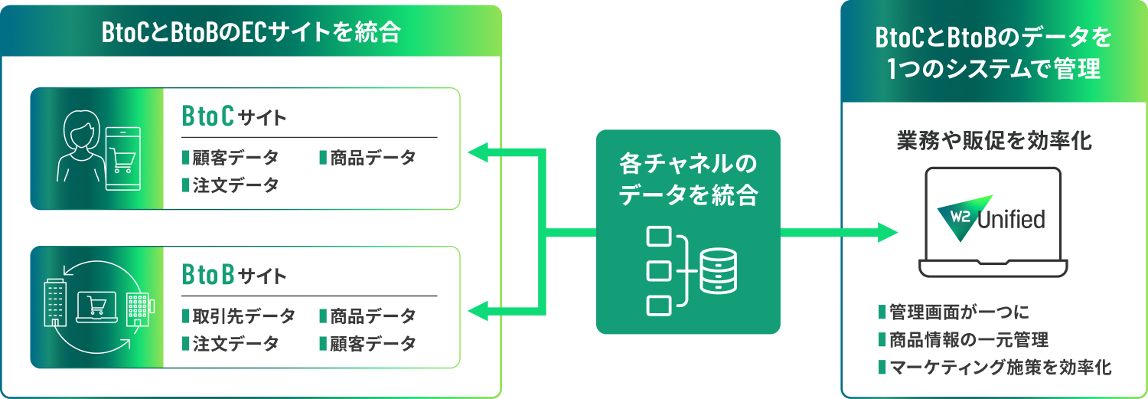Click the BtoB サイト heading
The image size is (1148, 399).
point(234,275)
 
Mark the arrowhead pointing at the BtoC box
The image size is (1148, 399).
point(479,152)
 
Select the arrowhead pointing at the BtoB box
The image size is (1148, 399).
point(479,311)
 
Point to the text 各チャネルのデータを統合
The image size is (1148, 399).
point(687,180)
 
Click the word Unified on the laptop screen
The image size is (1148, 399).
point(1012,220)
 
